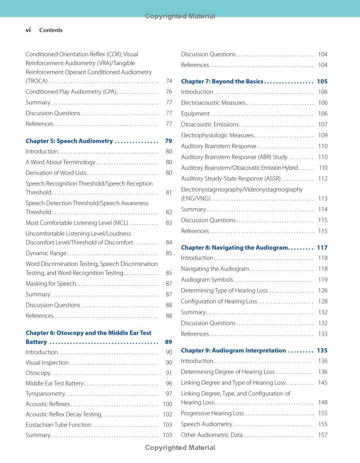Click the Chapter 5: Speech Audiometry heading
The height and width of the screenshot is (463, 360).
pos(69,141)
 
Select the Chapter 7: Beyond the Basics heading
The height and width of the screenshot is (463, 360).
pos(222,81)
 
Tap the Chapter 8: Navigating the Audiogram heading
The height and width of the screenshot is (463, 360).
pos(234,247)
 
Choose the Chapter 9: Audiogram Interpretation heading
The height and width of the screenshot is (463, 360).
pos(233,351)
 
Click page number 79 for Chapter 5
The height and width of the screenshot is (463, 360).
pos(168,141)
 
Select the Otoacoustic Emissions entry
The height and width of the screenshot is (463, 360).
pos(210,125)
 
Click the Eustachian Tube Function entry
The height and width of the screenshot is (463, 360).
pos(58,424)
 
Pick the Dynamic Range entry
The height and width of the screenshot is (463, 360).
pos(46,253)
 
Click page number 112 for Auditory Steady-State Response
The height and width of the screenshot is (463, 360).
pos(323,179)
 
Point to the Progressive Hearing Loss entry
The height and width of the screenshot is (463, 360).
pos(212,413)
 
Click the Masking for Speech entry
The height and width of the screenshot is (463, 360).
pos(51,284)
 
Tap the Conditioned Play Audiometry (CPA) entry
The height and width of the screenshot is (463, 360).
pos(71,92)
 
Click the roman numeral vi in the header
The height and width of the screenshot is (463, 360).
pos(28,30)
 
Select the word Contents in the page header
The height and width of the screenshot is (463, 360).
pos(51,31)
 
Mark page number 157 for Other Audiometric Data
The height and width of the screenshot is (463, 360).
pos(323,435)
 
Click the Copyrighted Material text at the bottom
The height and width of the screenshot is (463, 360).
pos(180,448)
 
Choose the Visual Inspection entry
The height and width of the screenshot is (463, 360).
pos(47,363)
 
